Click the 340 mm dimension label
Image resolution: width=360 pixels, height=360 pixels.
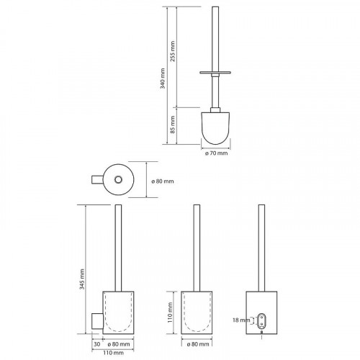(x=163, y=78)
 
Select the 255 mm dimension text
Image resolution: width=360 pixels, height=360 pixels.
(x=173, y=51)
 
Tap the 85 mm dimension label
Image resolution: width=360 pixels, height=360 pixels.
(x=173, y=125)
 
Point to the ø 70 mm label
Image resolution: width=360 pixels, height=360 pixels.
(x=216, y=153)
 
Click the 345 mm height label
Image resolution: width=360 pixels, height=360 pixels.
(x=82, y=279)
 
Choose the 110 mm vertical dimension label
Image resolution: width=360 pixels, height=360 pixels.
(x=170, y=312)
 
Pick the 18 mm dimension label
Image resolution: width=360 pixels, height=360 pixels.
(x=241, y=320)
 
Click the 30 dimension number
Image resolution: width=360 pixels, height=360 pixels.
(x=97, y=344)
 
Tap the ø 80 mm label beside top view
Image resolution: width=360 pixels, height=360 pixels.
(x=163, y=181)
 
